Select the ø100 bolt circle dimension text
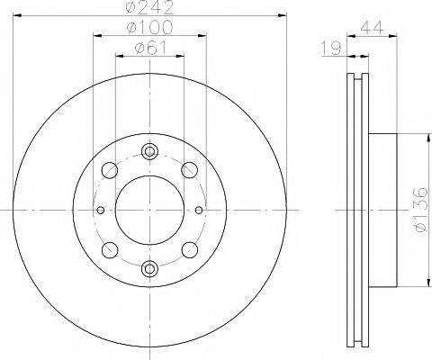point(149,29)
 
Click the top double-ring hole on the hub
point(149,151)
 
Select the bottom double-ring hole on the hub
point(149,267)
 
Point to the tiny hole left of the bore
point(100,210)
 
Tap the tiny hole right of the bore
point(199,210)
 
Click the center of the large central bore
point(149,209)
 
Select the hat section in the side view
point(382,209)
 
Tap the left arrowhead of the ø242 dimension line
point(19,16)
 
